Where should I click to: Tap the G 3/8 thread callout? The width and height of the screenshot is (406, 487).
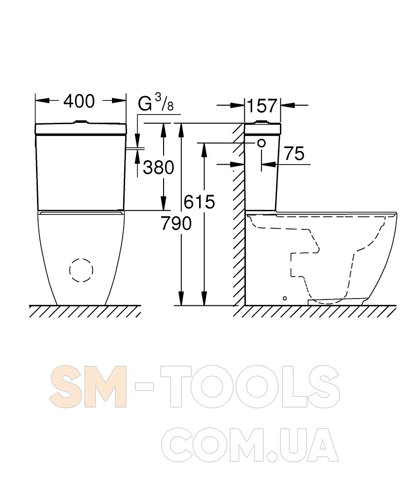click(155, 103)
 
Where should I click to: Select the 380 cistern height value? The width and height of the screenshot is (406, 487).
click(158, 168)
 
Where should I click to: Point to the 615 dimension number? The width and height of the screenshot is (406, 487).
click(199, 202)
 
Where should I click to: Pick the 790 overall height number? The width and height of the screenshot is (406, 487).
click(176, 224)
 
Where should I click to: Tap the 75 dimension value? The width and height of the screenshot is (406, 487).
click(295, 153)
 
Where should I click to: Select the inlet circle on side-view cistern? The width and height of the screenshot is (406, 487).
click(261, 143)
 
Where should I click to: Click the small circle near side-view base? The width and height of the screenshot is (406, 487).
click(285, 298)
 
